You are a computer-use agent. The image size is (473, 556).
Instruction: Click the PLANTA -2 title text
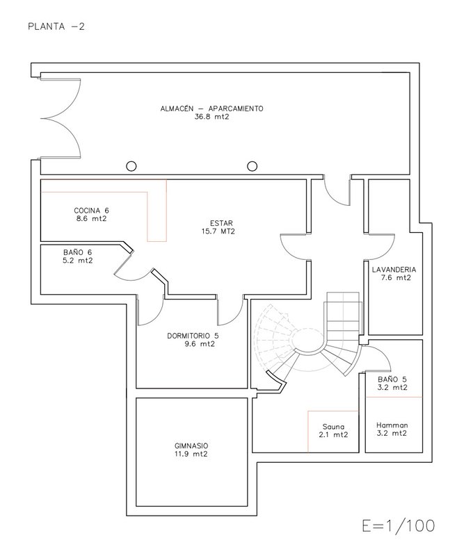tap(56, 26)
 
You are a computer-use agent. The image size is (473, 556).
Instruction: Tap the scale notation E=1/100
tap(398, 526)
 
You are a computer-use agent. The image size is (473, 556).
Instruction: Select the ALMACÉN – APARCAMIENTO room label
tap(212, 108)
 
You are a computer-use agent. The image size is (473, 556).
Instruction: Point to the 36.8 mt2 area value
tap(212, 117)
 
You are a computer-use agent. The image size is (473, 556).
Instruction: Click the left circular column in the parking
tap(131, 166)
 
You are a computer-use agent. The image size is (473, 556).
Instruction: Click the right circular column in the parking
tap(252, 166)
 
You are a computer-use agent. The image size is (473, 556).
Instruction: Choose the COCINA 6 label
tap(92, 211)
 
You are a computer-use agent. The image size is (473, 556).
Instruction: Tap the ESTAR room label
tap(221, 223)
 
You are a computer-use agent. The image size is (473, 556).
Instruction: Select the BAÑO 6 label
tap(78, 252)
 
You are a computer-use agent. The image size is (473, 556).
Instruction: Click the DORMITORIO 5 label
tap(193, 336)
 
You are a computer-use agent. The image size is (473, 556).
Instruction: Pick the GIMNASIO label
tap(191, 445)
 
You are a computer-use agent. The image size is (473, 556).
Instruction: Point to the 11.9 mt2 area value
tap(191, 454)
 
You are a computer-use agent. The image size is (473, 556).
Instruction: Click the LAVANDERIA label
tap(394, 270)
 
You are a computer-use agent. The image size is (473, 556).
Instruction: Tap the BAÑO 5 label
tap(392, 379)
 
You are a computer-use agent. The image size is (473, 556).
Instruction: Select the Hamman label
tap(392, 425)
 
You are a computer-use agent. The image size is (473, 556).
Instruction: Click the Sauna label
tap(334, 427)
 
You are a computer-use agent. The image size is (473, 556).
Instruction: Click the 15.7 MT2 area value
tap(218, 231)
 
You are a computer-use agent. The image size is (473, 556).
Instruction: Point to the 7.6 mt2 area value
tap(396, 277)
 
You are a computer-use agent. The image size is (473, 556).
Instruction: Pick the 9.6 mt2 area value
tap(200, 343)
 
